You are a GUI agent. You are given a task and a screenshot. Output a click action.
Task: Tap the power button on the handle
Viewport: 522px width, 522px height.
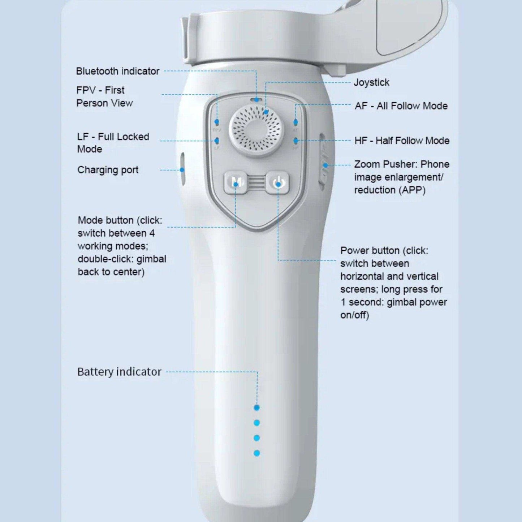coord(278,183)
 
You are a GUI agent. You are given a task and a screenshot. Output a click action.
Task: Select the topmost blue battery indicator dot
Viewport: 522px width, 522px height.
coord(257,408)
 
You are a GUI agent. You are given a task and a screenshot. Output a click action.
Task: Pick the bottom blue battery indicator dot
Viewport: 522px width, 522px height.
coord(257,453)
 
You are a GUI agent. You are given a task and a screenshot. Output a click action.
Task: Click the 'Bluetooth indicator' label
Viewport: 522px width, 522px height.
coord(117,71)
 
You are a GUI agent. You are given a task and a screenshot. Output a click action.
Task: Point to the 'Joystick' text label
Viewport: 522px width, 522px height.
coord(371,82)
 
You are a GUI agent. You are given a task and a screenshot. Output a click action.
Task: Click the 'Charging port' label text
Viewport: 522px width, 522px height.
coord(108,170)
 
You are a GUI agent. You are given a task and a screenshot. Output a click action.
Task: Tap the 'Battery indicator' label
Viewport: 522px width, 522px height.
coord(119,372)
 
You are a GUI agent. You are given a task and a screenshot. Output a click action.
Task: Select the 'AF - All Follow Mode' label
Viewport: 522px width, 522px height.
coord(401,106)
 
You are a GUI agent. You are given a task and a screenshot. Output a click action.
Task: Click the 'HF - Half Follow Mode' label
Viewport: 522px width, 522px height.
coord(402,141)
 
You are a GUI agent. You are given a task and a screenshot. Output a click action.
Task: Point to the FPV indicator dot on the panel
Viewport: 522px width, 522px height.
coord(217,122)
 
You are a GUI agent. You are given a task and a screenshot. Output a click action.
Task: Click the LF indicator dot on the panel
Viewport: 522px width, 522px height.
coord(217,141)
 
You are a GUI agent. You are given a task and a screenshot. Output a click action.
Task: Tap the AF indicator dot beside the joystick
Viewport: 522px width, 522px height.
coord(295,122)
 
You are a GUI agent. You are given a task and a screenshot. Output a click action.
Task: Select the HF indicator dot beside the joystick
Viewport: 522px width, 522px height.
coord(295,141)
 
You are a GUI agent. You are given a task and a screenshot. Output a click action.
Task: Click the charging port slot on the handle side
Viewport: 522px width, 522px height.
coord(182,169)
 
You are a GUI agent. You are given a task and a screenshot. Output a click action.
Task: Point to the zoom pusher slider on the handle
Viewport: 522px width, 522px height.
coord(323,161)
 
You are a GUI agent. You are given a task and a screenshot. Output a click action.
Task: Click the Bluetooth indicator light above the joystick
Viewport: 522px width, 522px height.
coord(256,99)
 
